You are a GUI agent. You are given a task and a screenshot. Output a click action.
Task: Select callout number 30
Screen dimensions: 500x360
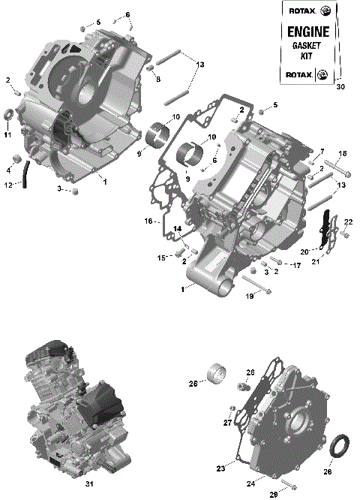[x=340, y=87]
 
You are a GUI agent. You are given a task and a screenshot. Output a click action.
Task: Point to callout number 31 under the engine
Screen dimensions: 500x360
[x=89, y=483]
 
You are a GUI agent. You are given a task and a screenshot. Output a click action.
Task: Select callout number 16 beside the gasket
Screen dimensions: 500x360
[x=148, y=221]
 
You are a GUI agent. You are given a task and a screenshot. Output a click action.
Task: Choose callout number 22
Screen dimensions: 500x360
[x=348, y=222]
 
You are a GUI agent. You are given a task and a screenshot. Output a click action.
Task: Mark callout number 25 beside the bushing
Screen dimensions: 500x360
[x=193, y=383]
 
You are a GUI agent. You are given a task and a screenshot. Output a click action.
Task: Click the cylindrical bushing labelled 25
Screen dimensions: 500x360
[x=219, y=372]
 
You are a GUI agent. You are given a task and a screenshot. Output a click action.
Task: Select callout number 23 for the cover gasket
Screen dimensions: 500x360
[x=220, y=469]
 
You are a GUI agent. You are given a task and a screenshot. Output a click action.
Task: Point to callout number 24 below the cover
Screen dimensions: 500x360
[x=252, y=474]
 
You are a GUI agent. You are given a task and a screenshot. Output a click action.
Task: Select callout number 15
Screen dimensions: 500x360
[x=161, y=258]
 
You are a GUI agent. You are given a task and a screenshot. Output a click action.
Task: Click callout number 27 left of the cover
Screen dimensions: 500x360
[x=226, y=423]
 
